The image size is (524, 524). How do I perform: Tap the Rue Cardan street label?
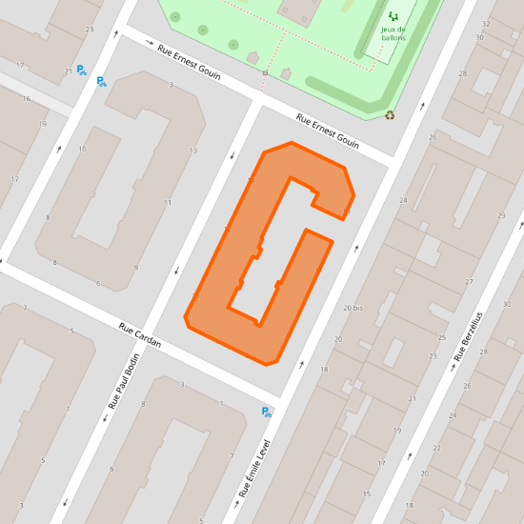click(x=140, y=339)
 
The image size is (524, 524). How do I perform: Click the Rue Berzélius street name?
click(x=468, y=336)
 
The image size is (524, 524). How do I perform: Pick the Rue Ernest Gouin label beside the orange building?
click(x=328, y=131)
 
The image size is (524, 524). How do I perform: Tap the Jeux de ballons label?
click(x=393, y=33)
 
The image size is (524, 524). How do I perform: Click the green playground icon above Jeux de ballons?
click(x=393, y=16)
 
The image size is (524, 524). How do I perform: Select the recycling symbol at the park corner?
click(x=390, y=115)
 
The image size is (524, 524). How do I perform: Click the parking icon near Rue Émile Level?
click(x=267, y=412)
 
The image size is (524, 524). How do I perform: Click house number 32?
click(x=486, y=24)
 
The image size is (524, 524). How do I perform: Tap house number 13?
click(x=193, y=151)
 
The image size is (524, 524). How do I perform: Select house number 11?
click(x=168, y=203)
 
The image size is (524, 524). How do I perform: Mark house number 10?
click(x=83, y=149)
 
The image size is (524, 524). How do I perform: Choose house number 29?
click(x=503, y=216)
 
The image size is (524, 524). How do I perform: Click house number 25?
click(x=442, y=338)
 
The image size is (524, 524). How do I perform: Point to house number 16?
click(x=27, y=99)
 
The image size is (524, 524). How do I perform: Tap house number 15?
click(x=367, y=494)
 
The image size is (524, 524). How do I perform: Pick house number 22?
click(x=437, y=448)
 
